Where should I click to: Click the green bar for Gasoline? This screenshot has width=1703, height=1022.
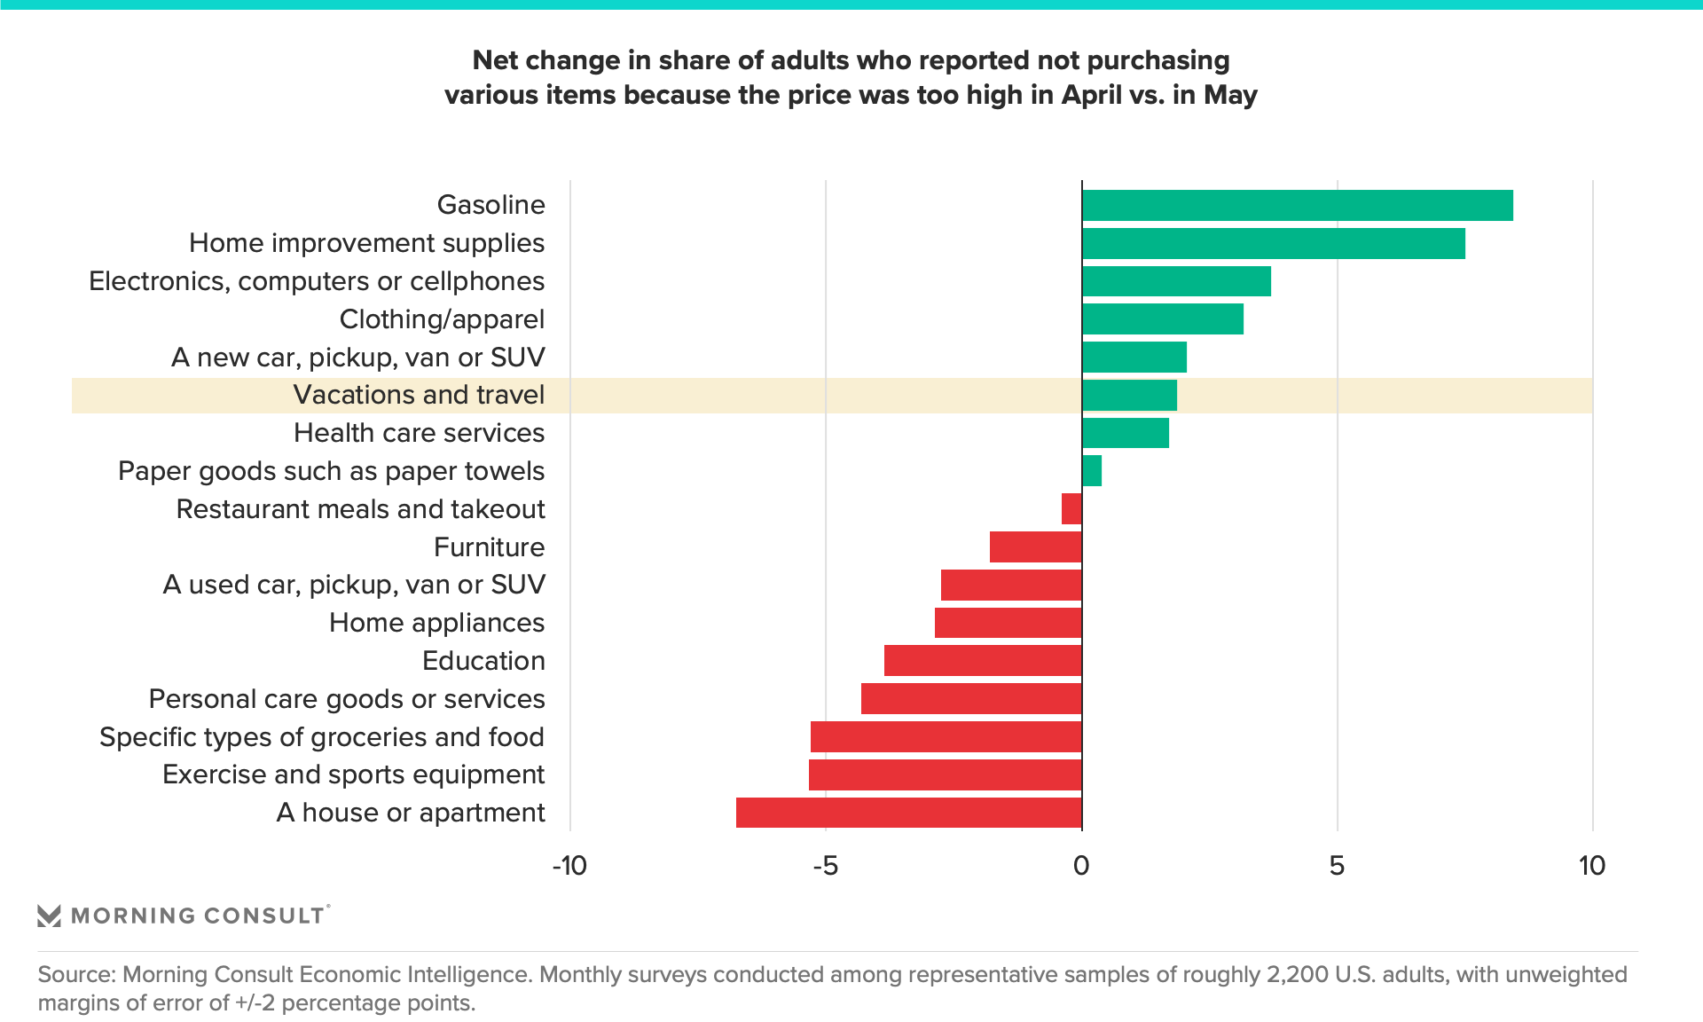[x=1297, y=205]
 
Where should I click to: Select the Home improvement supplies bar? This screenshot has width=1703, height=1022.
[x=1273, y=243]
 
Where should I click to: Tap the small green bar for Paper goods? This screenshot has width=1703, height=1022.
[x=1092, y=471]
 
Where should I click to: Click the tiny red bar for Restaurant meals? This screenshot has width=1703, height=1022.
[x=1071, y=509]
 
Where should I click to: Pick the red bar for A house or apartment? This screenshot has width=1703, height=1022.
[x=908, y=813]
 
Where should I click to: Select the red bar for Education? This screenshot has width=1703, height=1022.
[x=983, y=661]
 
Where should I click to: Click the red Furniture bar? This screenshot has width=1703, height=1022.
[x=1035, y=547]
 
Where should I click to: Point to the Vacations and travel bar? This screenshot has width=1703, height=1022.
[x=1129, y=396]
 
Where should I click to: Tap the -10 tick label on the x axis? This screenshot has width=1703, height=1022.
[x=569, y=866]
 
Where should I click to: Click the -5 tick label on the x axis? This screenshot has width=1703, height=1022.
[x=825, y=866]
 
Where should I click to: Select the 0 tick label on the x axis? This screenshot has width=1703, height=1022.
[x=1080, y=866]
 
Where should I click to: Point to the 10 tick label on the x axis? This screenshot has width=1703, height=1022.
[x=1592, y=866]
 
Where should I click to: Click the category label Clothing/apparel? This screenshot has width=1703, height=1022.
[x=442, y=319]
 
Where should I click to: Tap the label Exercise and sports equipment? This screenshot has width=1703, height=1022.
[x=353, y=774]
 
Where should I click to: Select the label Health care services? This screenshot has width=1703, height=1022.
[x=419, y=433]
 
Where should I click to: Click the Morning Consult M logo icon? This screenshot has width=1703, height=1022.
[x=49, y=916]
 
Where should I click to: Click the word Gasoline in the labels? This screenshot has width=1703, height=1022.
[x=490, y=205]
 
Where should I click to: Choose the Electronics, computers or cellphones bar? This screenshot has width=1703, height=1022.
[x=1176, y=281]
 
